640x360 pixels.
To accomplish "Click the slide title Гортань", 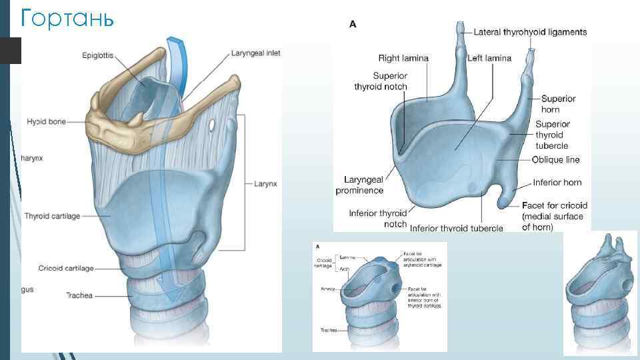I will coord(67,18).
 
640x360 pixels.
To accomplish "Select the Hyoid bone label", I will coord(46,122).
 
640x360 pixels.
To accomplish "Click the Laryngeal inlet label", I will coord(256,53).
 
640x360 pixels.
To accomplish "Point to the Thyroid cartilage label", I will coord(52,216).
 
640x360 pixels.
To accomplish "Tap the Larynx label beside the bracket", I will coord(265,182).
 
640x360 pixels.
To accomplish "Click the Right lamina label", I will coord(403,59).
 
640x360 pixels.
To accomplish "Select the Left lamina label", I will coord(489,59).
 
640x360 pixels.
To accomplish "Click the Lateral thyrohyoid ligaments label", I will coord(530,32).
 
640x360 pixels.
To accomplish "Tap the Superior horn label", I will coord(558,104).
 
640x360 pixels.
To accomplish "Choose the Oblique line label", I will coord(556,160).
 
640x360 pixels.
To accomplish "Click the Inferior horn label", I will coord(557,182).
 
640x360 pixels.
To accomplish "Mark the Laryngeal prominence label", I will coord(364,185).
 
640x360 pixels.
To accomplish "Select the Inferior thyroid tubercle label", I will coord(457,228).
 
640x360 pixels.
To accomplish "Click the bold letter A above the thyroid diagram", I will coord(353,23).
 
